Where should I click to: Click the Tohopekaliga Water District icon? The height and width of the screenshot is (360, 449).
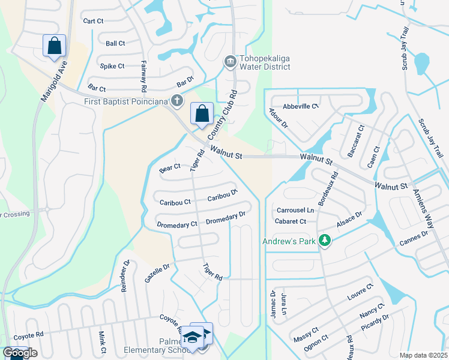(229, 62)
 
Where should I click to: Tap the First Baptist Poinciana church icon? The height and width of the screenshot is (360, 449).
(176, 101)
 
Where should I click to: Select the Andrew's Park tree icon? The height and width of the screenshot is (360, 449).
(325, 241)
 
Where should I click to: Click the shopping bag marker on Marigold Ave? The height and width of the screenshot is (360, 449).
(54, 46)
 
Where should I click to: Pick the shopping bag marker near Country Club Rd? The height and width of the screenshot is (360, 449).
(202, 114)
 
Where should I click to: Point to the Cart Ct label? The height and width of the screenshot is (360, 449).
(94, 21)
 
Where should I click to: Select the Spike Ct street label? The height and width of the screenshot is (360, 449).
(112, 66)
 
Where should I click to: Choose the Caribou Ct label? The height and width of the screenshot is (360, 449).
(175, 203)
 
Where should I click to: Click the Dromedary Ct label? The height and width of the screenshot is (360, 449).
(177, 224)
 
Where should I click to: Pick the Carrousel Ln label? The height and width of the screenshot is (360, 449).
(295, 211)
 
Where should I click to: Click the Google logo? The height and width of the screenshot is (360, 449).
(20, 353)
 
